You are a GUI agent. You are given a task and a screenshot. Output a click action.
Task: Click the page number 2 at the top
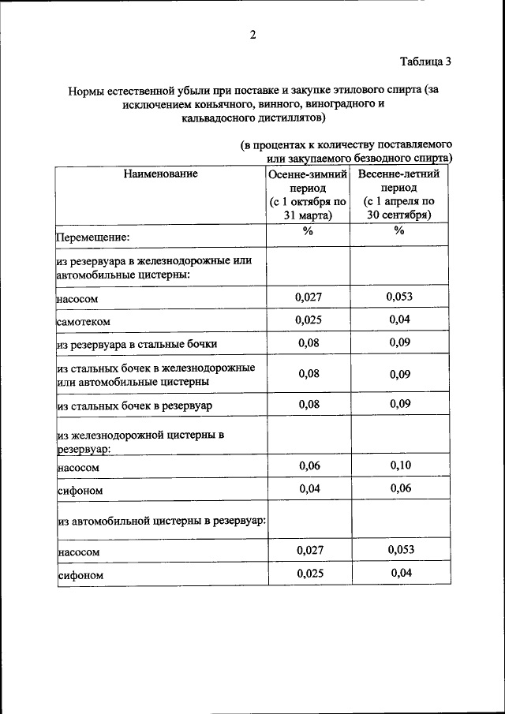click(x=252, y=34)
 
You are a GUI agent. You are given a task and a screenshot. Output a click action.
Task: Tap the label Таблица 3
click(x=425, y=61)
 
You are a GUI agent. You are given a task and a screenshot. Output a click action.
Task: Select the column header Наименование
click(x=160, y=174)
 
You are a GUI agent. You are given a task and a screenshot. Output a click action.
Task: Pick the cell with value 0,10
click(x=401, y=465)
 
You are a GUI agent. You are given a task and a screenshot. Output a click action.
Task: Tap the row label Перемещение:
click(x=92, y=236)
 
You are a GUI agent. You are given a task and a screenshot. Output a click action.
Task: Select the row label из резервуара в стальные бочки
click(x=136, y=345)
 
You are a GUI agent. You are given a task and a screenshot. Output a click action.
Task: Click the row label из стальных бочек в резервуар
click(x=135, y=406)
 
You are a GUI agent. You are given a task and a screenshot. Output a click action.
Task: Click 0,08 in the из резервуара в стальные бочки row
click(x=309, y=343)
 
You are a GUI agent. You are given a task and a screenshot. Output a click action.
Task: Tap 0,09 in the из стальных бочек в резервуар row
click(x=401, y=404)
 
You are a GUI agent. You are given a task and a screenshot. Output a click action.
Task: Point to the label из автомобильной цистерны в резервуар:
click(x=160, y=521)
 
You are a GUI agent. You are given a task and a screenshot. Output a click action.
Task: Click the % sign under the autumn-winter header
click(x=308, y=230)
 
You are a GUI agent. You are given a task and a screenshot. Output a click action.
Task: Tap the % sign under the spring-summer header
click(x=399, y=230)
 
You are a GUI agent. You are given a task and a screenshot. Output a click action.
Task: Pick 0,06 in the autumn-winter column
click(x=309, y=465)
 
